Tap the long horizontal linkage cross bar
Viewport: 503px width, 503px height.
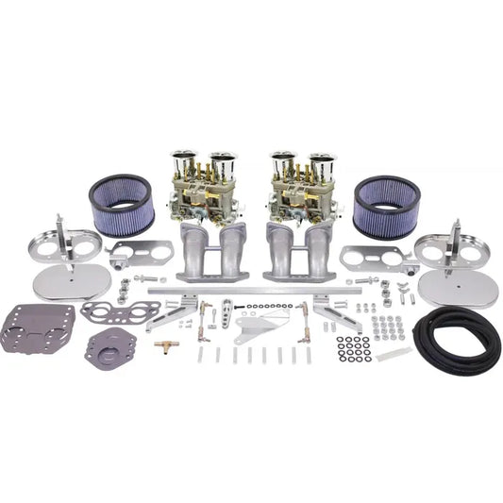(255, 293)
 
